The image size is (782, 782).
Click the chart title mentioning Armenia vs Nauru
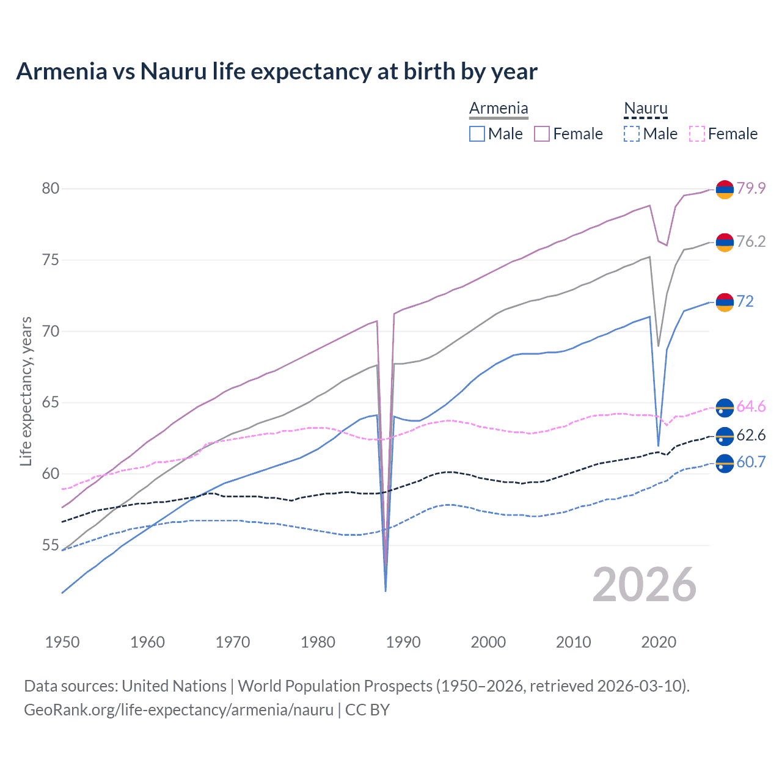[x=277, y=71]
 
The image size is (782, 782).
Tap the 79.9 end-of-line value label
[x=751, y=188]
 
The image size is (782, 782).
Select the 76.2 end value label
[x=751, y=241]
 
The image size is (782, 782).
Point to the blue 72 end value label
[x=745, y=301]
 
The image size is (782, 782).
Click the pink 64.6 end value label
[x=751, y=407]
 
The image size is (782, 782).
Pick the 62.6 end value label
[x=751, y=435]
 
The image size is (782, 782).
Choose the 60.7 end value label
[x=751, y=462]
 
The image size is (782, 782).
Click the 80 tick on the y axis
[x=51, y=188]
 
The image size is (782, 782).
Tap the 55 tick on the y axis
[x=51, y=545]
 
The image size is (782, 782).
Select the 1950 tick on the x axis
[x=62, y=642]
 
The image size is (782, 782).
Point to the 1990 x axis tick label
[x=403, y=642]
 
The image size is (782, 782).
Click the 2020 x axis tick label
[x=659, y=642]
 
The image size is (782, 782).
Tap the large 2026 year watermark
[x=645, y=585]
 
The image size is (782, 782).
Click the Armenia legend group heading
[x=499, y=109]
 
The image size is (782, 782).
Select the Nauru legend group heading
[x=645, y=109]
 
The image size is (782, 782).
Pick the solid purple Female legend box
[x=542, y=134]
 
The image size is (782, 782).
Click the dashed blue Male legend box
[x=631, y=134]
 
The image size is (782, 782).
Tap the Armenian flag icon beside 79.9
[x=725, y=190]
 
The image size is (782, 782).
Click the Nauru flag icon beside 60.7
[x=725, y=464]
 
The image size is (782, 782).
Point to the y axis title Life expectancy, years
[x=26, y=391]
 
